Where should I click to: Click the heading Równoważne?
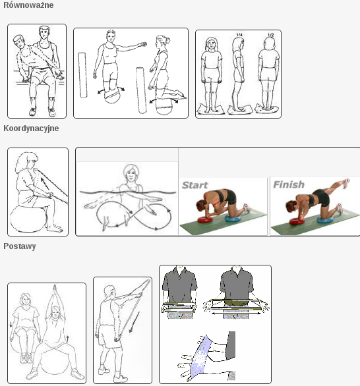pyautogui.click(x=28, y=5)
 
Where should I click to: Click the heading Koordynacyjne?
pyautogui.click(x=31, y=128)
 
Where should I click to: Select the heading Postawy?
pyautogui.click(x=20, y=246)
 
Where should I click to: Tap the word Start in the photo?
pyautogui.click(x=195, y=185)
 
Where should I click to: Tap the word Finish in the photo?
pyautogui.click(x=289, y=184)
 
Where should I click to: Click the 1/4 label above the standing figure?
pyautogui.click(x=239, y=35)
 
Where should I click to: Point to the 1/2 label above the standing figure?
pyautogui.click(x=270, y=35)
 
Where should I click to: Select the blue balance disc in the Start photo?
pyautogui.click(x=234, y=217)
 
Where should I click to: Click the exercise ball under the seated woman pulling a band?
pyautogui.click(x=28, y=220)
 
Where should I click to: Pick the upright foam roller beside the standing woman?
pyautogui.click(x=82, y=75)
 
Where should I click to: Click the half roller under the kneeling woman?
pyautogui.click(x=164, y=106)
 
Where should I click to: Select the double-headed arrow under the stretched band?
pyautogui.click(x=236, y=313)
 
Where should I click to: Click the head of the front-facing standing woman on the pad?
pyautogui.click(x=212, y=45)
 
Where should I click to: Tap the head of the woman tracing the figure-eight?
pyautogui.click(x=131, y=173)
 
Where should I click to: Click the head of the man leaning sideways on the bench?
pyautogui.click(x=19, y=42)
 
